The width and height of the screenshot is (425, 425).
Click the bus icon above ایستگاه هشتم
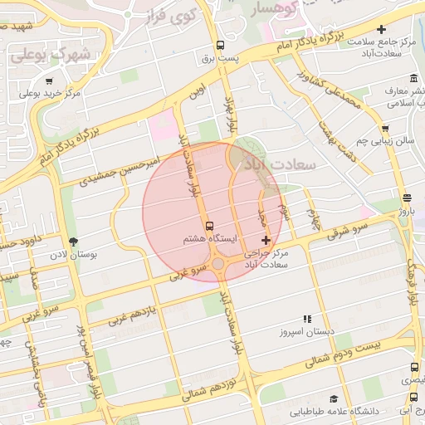208,225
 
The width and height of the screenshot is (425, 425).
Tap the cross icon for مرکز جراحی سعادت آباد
266,240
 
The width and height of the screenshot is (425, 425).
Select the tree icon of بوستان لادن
75,242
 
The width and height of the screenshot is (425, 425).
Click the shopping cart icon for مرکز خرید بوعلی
50,81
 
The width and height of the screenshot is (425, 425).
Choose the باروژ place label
405,211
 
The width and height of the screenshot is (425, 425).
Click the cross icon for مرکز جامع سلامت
381,29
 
